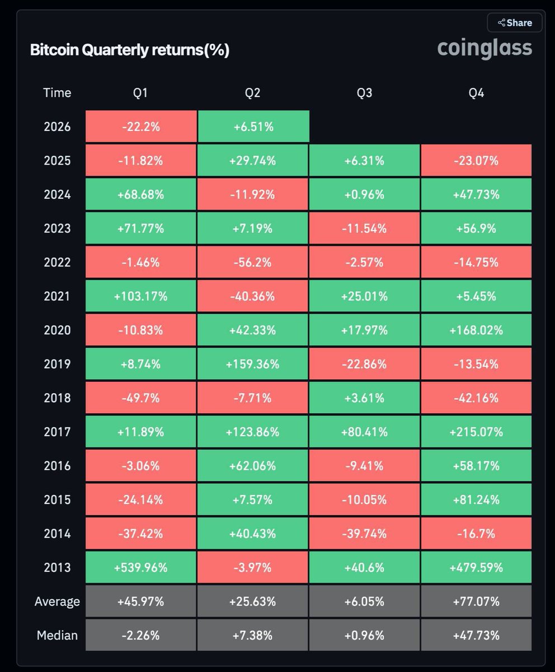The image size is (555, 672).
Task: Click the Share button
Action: pyautogui.click(x=515, y=23)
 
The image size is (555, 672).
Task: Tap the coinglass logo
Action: pyautogui.click(x=485, y=48)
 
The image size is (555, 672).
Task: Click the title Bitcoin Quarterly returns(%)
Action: pyautogui.click(x=130, y=50)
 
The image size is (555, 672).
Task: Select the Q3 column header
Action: pyautogui.click(x=364, y=93)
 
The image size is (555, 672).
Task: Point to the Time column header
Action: pyautogui.click(x=57, y=93)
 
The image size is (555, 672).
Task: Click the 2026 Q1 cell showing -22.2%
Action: pyautogui.click(x=141, y=127)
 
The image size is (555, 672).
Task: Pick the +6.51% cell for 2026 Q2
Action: pyautogui.click(x=253, y=127)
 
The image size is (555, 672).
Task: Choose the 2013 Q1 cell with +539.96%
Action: pyautogui.click(x=141, y=567)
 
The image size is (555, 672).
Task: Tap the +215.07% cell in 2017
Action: pyautogui.click(x=476, y=432)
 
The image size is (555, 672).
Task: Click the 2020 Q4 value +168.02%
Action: pyautogui.click(x=476, y=330)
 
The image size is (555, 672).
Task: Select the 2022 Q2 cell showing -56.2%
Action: pyautogui.click(x=253, y=262)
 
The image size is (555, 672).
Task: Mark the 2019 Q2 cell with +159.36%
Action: pyautogui.click(x=253, y=364)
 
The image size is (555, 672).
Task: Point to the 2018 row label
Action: pyautogui.click(x=57, y=398)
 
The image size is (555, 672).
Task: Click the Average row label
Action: pyautogui.click(x=57, y=601)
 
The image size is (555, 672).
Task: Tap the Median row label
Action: pyautogui.click(x=57, y=635)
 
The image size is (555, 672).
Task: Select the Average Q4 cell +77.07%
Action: pyautogui.click(x=476, y=601)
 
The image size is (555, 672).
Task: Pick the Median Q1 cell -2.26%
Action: pyautogui.click(x=141, y=635)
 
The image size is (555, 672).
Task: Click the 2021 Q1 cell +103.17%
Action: pyautogui.click(x=141, y=296)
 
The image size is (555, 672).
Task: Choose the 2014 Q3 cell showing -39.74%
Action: pyautogui.click(x=364, y=534)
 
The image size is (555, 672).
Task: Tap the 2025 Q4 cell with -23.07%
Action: pyautogui.click(x=476, y=161)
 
